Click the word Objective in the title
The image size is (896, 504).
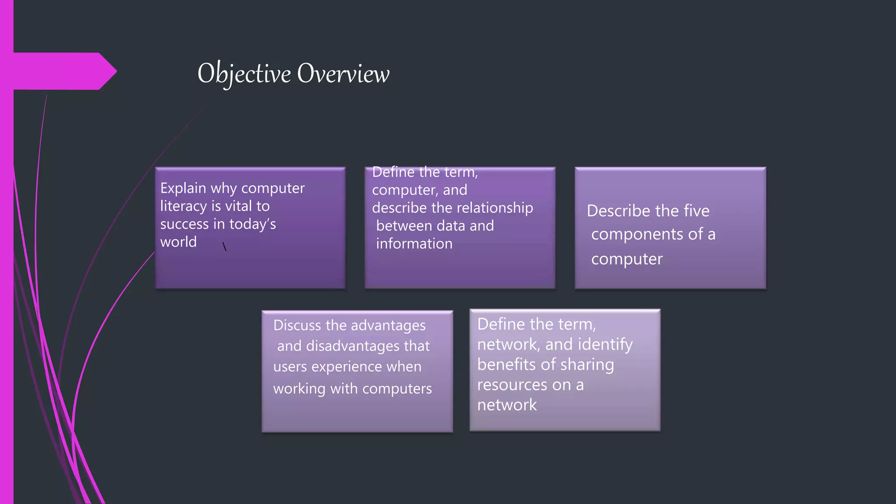pos(244,73)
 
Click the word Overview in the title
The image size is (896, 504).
pos(343,73)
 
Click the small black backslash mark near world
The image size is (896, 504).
pos(224,247)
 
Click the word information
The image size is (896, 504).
pos(414,244)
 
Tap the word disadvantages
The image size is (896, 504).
pos(353,346)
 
